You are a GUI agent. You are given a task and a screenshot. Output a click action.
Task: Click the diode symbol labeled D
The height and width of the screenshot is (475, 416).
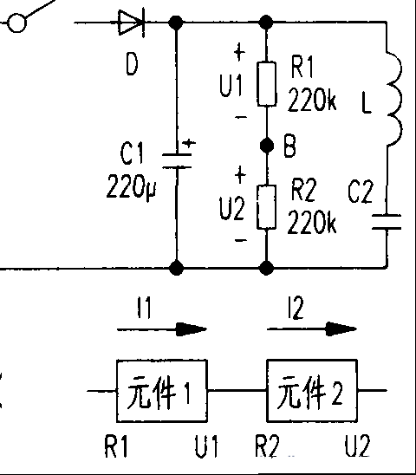pos(132,23)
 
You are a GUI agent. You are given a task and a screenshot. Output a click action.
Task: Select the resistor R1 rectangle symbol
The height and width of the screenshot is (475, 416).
pos(267,84)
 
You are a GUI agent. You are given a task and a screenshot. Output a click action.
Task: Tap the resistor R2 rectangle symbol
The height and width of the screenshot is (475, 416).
pos(267,206)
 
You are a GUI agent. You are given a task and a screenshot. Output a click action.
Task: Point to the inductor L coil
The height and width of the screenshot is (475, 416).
pos(394,100)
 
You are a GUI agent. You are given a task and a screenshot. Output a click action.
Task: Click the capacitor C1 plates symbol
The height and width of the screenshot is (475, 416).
pos(177,160)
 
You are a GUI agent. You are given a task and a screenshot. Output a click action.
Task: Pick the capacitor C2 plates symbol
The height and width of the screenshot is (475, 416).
pos(387,222)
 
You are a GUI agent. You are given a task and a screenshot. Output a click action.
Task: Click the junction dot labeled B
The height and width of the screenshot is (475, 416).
pos(267,146)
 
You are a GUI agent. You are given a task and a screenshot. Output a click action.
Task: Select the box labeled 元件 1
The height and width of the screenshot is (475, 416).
pos(162,390)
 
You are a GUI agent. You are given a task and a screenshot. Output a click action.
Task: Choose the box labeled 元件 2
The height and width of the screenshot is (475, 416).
pos(312,390)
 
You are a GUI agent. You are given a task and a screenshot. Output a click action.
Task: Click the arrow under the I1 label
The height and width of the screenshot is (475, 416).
pos(162,329)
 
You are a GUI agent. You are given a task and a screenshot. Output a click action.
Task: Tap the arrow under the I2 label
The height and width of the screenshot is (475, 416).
pos(312,329)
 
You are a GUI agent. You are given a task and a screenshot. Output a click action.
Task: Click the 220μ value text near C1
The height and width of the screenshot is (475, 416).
pos(131,186)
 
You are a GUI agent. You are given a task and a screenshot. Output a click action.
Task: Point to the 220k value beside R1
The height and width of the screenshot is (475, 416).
pos(312,100)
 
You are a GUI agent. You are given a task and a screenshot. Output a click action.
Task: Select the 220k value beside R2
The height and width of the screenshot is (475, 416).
pos(312,222)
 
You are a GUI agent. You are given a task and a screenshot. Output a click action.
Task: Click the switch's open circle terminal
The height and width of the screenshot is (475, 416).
pos(16,23)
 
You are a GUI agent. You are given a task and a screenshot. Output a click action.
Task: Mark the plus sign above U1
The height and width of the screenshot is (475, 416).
pos(239,52)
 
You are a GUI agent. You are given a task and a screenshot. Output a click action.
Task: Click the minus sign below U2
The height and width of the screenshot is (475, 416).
pos(241,240)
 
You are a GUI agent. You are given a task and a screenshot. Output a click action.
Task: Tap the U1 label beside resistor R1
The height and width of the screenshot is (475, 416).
pos(231,85)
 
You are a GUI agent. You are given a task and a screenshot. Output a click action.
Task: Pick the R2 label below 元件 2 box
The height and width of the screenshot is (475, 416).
pos(267,446)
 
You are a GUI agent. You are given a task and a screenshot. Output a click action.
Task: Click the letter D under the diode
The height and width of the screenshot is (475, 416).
pos(132,64)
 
